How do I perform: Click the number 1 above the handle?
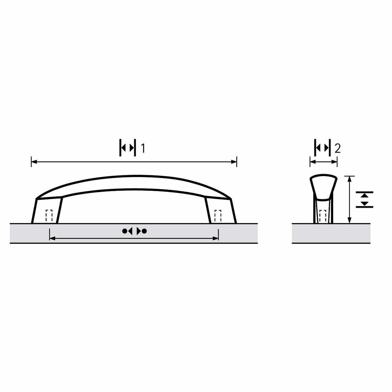pyautogui.click(x=143, y=148)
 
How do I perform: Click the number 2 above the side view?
pyautogui.click(x=337, y=149)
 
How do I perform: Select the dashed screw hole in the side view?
pyautogui.click(x=323, y=216)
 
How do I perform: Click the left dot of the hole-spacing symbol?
pyautogui.click(x=124, y=231)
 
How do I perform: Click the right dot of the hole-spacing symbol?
pyautogui.click(x=144, y=231)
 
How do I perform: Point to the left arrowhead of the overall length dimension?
pyautogui.click(x=34, y=162)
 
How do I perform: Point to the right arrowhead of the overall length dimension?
pyautogui.click(x=234, y=162)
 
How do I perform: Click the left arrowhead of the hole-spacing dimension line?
pyautogui.click(x=53, y=238)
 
